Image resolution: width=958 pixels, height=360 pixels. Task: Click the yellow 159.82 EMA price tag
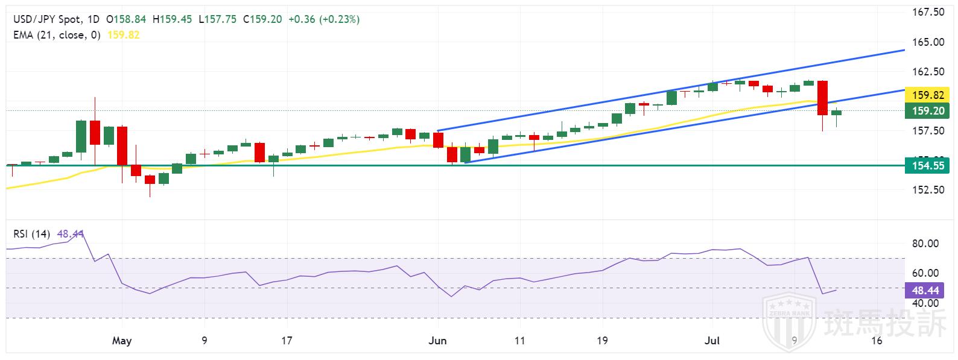(927, 95)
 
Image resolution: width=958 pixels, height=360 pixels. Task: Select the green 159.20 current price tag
(927, 110)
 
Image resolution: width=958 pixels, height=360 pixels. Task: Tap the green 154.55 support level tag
(927, 165)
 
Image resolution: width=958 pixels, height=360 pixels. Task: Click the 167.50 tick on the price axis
(928, 12)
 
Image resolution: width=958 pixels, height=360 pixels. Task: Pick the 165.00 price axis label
(928, 42)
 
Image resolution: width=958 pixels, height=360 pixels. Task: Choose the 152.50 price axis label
(928, 189)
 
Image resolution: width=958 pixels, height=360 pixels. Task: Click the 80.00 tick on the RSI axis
(925, 244)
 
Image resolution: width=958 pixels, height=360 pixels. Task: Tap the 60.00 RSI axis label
(925, 273)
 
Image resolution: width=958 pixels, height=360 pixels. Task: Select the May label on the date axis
(122, 341)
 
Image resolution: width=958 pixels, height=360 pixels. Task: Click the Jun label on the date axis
(437, 341)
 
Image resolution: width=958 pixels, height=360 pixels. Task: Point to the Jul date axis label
(713, 341)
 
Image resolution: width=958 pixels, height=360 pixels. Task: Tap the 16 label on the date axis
(877, 341)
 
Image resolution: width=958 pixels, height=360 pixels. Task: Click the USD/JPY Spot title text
(48, 19)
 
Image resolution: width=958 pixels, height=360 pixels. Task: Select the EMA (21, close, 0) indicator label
(56, 35)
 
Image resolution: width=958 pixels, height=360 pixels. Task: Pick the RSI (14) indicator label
(32, 234)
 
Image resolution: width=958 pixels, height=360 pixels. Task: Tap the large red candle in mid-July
(822, 98)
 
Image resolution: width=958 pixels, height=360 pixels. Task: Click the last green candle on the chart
(836, 113)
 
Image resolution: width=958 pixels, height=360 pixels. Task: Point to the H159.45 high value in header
(172, 19)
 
